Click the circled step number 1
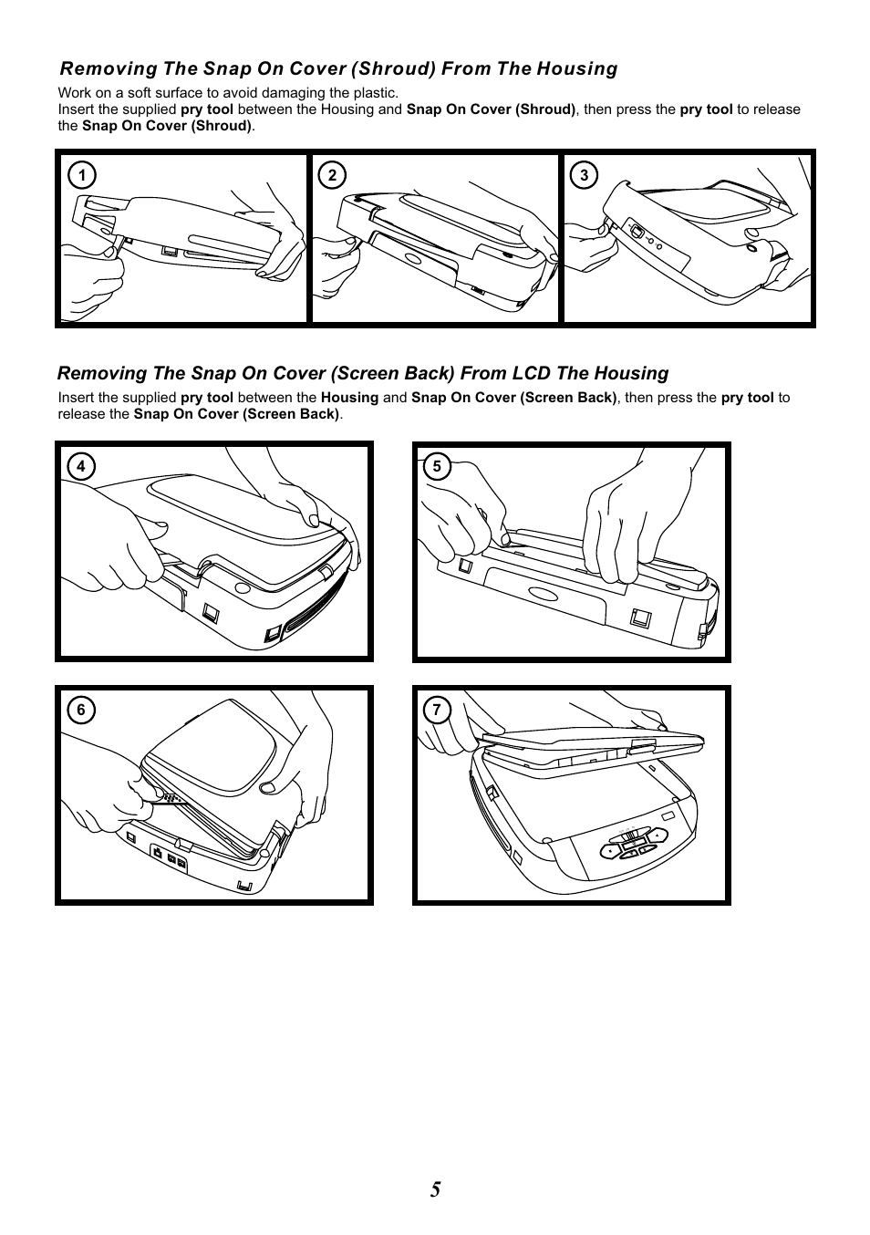point(81,176)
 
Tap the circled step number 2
point(332,176)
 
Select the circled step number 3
point(584,176)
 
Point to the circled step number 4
point(81,467)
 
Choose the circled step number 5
point(437,467)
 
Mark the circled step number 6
point(81,711)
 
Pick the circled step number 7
point(437,711)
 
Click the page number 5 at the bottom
point(436,1189)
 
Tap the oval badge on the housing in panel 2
point(412,258)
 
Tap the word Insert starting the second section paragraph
point(77,398)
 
